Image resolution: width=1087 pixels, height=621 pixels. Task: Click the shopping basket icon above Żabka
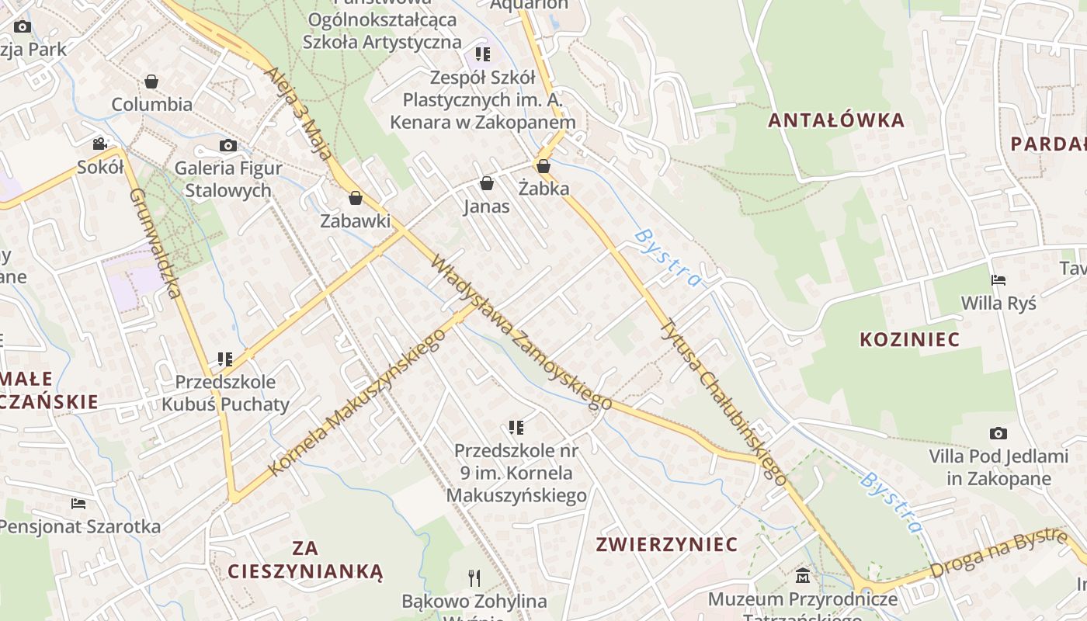coord(543,166)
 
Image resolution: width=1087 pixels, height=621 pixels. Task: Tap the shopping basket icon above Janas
coord(487,184)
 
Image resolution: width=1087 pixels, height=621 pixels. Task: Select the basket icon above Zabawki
coord(356,199)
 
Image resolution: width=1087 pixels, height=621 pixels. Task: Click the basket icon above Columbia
coord(151,82)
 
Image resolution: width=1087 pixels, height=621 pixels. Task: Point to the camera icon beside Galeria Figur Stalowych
coord(227,145)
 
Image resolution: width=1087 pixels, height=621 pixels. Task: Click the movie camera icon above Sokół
coord(99,144)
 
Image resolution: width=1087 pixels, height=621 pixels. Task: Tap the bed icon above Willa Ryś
coord(998,280)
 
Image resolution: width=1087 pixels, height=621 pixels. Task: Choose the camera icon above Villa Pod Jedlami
coord(998,433)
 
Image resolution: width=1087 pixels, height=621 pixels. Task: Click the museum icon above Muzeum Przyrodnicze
coord(803,576)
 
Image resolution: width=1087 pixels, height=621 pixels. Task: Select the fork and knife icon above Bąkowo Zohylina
coord(474,578)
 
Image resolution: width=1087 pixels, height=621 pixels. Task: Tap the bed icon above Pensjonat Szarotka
coord(78,504)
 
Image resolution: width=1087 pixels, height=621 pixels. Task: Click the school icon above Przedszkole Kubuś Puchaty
coord(225,359)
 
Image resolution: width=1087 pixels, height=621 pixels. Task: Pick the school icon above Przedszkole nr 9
coord(516,428)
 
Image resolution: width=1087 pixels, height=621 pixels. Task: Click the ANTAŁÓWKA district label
coord(836,120)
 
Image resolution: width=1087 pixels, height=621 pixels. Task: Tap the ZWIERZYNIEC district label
coord(666,544)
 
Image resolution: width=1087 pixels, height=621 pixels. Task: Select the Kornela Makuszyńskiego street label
coord(357,402)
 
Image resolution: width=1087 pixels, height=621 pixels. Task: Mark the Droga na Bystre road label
coord(998,553)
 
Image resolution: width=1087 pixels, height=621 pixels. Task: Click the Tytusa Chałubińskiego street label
coord(723,402)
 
